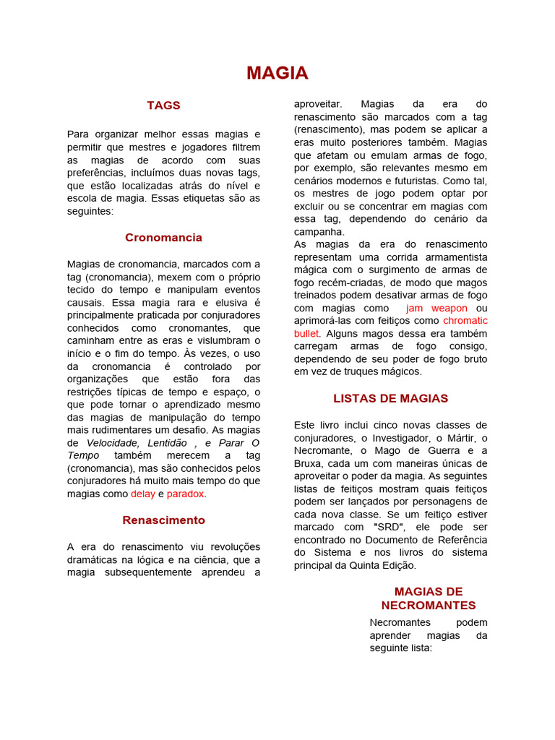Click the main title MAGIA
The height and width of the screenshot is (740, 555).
[277, 73]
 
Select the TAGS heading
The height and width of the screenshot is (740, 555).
[163, 106]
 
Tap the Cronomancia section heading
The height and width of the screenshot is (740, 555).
[163, 238]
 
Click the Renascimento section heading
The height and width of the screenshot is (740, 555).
[163, 520]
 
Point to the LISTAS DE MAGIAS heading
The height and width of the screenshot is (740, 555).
[390, 399]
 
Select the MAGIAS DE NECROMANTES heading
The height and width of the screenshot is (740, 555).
[429, 598]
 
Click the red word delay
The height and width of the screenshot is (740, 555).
[142, 494]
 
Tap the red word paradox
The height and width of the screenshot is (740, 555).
[186, 494]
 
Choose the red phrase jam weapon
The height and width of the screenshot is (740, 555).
[436, 308]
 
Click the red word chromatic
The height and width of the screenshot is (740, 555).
[465, 321]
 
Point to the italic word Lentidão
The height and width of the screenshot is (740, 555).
[167, 443]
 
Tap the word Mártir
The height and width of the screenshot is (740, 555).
[467, 438]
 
